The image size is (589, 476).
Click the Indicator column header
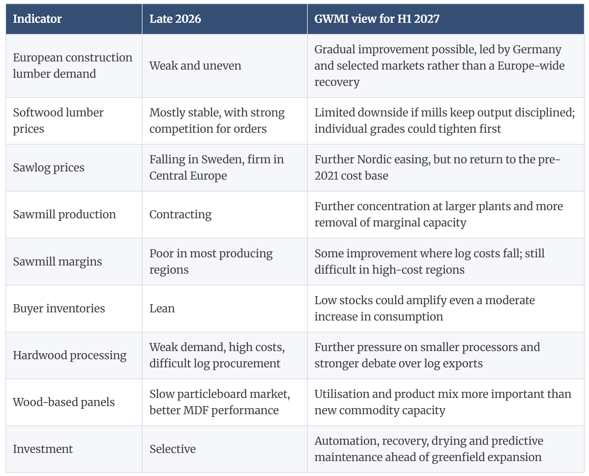coord(37,19)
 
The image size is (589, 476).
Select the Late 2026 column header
coord(175,19)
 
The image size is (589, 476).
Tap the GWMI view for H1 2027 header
coord(377,19)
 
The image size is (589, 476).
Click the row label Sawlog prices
coord(49,168)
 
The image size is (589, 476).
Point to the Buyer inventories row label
coord(59,308)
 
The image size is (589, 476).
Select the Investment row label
coord(43,449)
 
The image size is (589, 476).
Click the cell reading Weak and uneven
coord(195,66)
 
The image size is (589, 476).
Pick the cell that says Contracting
coord(180,215)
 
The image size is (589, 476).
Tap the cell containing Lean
coord(162,308)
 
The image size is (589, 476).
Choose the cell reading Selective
coord(172,449)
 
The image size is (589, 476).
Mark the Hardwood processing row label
coord(70,355)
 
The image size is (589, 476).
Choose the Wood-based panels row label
coord(64,402)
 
